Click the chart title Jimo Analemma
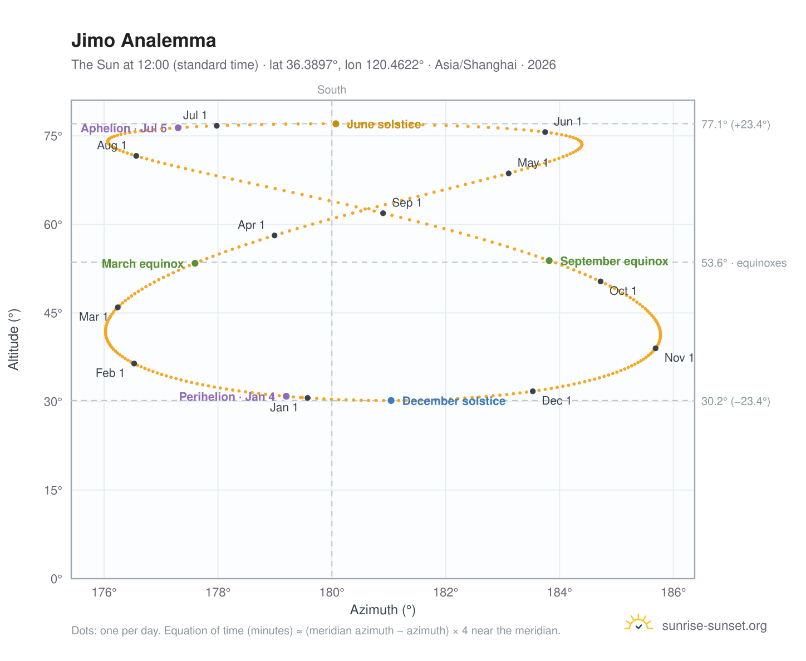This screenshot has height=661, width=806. (x=143, y=41)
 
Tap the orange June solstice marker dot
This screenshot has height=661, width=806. (x=336, y=124)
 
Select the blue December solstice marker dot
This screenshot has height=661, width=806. (x=391, y=401)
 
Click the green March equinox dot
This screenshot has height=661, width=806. (x=195, y=263)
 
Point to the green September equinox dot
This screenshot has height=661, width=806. (x=549, y=260)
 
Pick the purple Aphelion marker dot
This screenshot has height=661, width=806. (x=178, y=127)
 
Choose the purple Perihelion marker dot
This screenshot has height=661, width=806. (x=286, y=396)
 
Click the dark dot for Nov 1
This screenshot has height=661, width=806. (x=655, y=348)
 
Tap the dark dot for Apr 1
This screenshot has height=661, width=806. (x=274, y=235)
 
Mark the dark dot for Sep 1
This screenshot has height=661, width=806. (x=383, y=213)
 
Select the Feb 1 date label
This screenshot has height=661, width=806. (x=110, y=373)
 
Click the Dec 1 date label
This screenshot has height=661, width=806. (x=556, y=401)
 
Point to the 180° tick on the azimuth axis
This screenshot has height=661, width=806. (x=332, y=578)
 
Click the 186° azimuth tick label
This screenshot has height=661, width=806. (x=674, y=592)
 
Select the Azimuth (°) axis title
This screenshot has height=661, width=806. (x=382, y=610)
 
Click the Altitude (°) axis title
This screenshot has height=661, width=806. (x=13, y=339)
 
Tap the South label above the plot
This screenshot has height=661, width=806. (x=332, y=90)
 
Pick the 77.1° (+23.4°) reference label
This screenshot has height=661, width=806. (x=736, y=125)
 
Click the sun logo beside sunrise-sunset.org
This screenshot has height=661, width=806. (x=638, y=622)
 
